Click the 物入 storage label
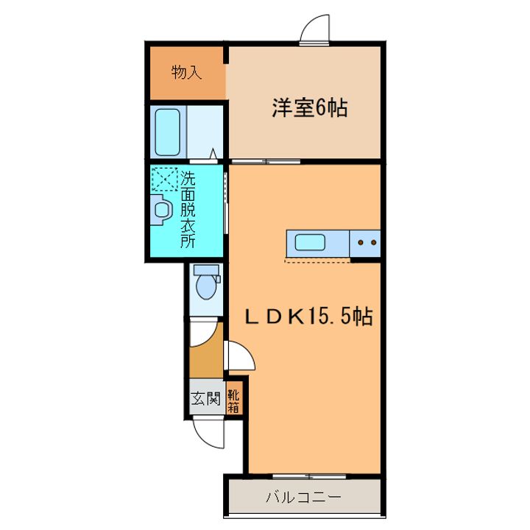click(186, 72)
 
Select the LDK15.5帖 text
click(308, 317)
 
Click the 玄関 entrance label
click(206, 400)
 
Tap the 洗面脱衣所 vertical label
click(188, 209)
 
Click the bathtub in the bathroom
click(169, 132)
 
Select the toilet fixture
click(206, 284)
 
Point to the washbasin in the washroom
click(161, 211)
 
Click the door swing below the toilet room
click(204, 332)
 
